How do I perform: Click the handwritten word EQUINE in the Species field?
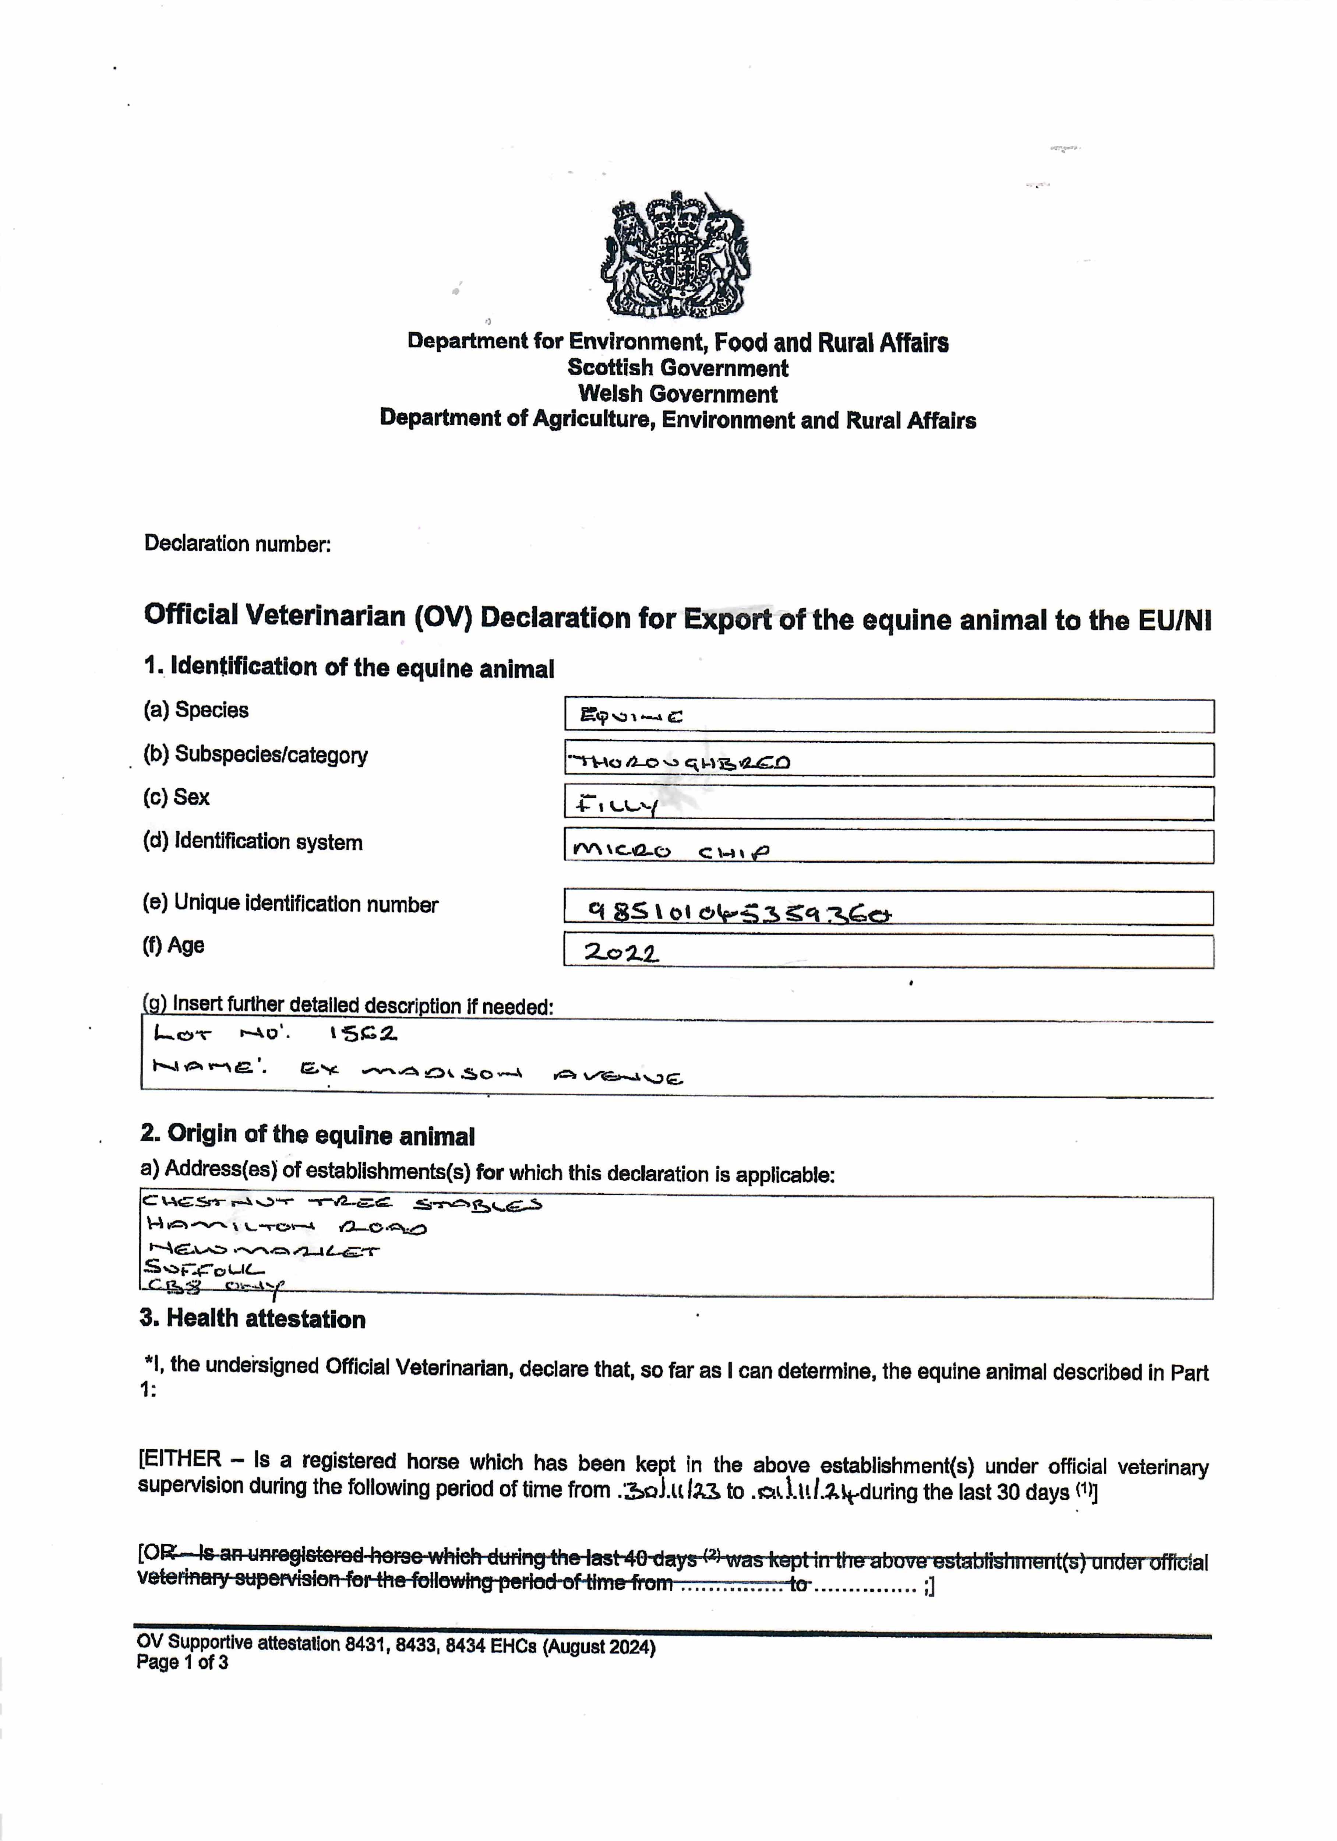(x=631, y=716)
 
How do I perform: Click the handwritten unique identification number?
(x=739, y=912)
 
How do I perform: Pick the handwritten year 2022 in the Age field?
(x=621, y=952)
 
